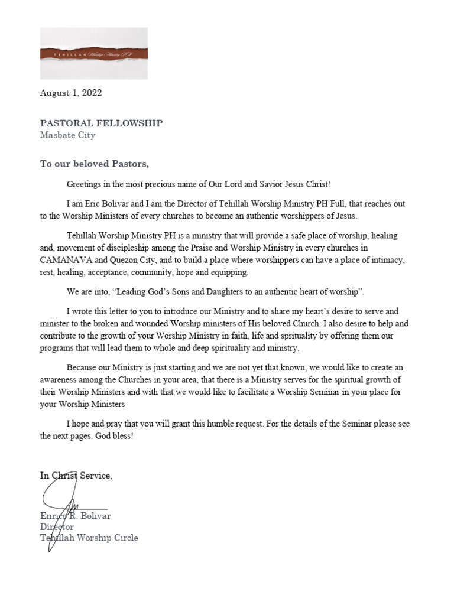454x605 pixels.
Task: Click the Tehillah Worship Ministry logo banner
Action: click(x=93, y=54)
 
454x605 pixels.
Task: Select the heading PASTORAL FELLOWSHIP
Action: click(x=101, y=123)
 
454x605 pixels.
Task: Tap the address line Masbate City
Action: click(x=67, y=135)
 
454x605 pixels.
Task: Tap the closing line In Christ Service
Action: click(x=76, y=476)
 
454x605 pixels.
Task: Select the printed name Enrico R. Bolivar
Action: click(x=76, y=516)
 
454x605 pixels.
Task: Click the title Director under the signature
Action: click(x=57, y=526)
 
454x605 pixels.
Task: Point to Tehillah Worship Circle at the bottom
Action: click(x=89, y=538)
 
